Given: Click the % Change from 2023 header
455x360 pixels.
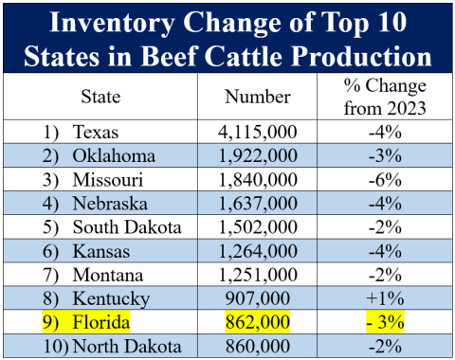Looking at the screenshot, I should coord(384,96).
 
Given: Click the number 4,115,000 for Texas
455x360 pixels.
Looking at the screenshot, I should coord(253,132).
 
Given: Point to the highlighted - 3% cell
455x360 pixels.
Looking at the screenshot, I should coord(384,322).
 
